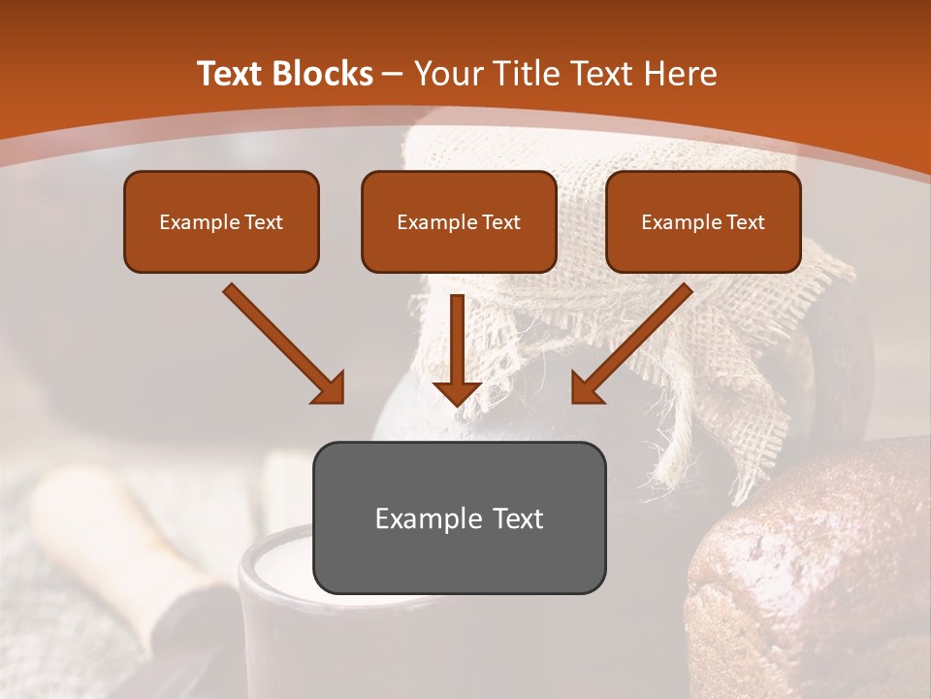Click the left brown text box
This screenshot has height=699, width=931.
[x=221, y=221]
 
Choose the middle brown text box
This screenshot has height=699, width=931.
[x=459, y=221]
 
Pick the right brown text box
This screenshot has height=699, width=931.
[x=703, y=221]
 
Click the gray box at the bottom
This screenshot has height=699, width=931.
[x=459, y=517]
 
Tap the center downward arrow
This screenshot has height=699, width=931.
[x=458, y=345]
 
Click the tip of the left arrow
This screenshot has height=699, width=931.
[x=341, y=401]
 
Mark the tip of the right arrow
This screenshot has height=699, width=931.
[x=574, y=401]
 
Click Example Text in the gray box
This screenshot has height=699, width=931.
[x=459, y=518]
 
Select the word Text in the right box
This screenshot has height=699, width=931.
[x=745, y=221]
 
